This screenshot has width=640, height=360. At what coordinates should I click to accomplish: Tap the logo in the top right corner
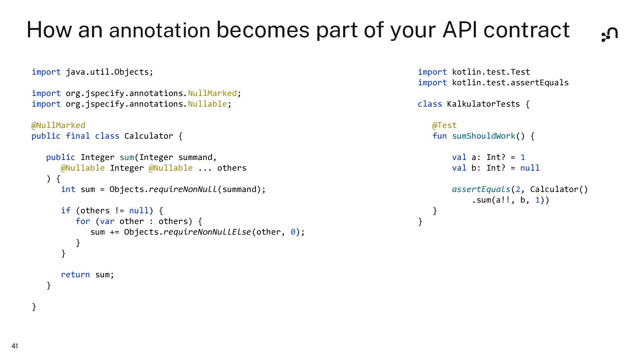click(x=609, y=34)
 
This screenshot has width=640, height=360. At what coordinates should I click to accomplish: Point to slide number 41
click(x=15, y=346)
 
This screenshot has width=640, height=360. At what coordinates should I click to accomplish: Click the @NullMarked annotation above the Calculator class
click(x=58, y=125)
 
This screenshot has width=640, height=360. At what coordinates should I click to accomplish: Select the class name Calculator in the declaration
click(x=148, y=136)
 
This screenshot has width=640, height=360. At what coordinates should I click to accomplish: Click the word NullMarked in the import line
click(x=212, y=93)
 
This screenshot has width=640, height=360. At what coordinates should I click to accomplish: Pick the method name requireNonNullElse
click(x=208, y=232)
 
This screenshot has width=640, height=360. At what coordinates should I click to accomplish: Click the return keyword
click(x=75, y=275)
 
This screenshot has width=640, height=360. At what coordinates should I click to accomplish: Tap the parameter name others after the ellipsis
click(x=232, y=168)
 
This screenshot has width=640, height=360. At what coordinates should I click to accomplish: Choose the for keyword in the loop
click(x=83, y=221)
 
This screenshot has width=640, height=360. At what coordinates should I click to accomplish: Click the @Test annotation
click(x=444, y=125)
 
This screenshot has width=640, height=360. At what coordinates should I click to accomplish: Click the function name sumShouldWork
click(x=484, y=136)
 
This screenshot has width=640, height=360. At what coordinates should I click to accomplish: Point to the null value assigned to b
click(x=530, y=168)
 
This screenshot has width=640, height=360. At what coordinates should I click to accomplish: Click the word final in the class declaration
click(x=78, y=136)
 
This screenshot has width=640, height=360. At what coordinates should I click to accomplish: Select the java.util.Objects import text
click(x=109, y=72)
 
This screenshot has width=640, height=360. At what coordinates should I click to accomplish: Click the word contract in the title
click(x=526, y=30)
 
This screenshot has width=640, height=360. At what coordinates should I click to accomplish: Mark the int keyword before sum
click(x=68, y=189)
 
